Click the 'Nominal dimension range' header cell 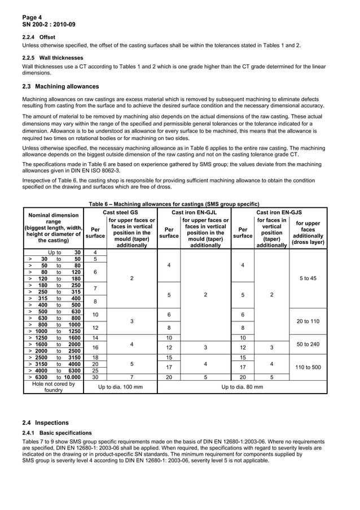(x=53, y=228)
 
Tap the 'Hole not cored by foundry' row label (x=53, y=388)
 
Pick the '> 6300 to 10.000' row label (x=53, y=377)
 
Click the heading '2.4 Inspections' (x=45, y=422)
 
